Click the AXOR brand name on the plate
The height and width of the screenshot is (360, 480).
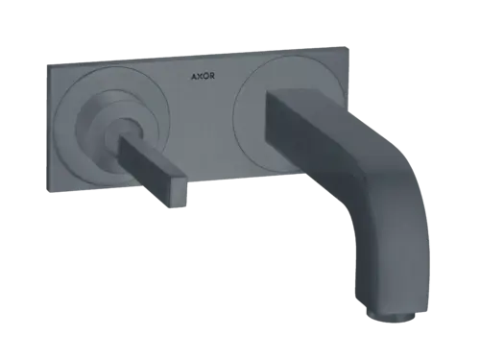(x=203, y=76)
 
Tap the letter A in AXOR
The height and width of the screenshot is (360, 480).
(x=194, y=77)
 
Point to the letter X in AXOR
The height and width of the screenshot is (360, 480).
(x=200, y=77)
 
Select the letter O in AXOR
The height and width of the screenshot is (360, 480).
(x=205, y=76)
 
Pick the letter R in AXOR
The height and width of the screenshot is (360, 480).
(x=212, y=76)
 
